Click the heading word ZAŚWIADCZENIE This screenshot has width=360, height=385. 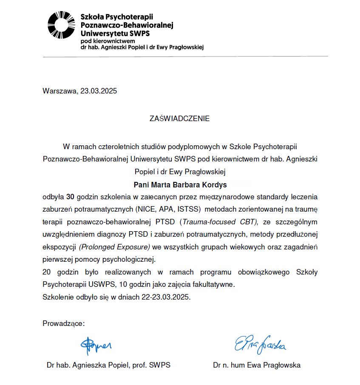180,119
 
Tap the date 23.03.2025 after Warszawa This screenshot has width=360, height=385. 99,91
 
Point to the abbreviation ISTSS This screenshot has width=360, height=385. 187,209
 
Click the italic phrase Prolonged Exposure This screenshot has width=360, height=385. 115,246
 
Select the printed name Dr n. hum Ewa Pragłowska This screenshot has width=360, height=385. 257,365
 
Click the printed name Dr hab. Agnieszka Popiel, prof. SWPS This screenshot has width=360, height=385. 108,365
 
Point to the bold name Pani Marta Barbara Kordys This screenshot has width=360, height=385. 180,185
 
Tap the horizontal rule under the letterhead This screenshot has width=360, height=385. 185,56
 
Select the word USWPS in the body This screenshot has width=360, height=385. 94,284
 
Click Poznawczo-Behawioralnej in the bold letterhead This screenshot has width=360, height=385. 127,25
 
